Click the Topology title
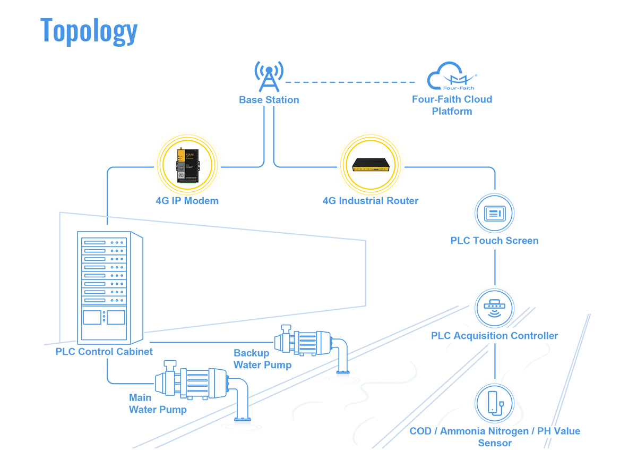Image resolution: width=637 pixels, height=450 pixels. [89, 30]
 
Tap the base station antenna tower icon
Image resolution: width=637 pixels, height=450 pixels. [269, 77]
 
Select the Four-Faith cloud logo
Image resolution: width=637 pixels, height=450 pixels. [452, 77]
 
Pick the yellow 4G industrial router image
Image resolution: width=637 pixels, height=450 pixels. [371, 165]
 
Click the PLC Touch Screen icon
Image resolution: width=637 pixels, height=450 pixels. [495, 214]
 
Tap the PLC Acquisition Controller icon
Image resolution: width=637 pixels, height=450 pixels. [495, 308]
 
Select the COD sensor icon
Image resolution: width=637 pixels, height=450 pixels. [495, 403]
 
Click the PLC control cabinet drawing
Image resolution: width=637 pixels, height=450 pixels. [110, 287]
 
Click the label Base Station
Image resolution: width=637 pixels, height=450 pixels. [269, 100]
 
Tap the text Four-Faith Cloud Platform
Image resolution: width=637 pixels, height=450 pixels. [452, 105]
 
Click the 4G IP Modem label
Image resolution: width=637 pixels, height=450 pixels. [187, 201]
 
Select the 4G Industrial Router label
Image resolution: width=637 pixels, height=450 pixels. [371, 201]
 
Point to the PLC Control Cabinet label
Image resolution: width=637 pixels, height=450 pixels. [104, 352]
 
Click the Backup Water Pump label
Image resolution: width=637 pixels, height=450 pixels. [262, 359]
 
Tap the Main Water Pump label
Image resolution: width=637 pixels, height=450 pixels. [158, 404]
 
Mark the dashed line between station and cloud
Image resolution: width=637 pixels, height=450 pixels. [350, 82]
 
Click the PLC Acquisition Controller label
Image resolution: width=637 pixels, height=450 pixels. [495, 336]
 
